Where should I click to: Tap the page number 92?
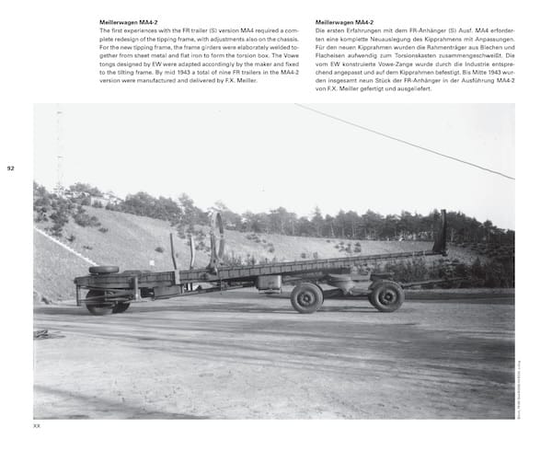click(x=10, y=168)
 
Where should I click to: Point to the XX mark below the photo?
click(x=37, y=425)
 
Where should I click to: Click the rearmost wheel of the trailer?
click(x=387, y=296)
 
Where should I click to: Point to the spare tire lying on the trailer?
click(x=104, y=270)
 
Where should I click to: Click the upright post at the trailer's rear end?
click(x=442, y=232)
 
